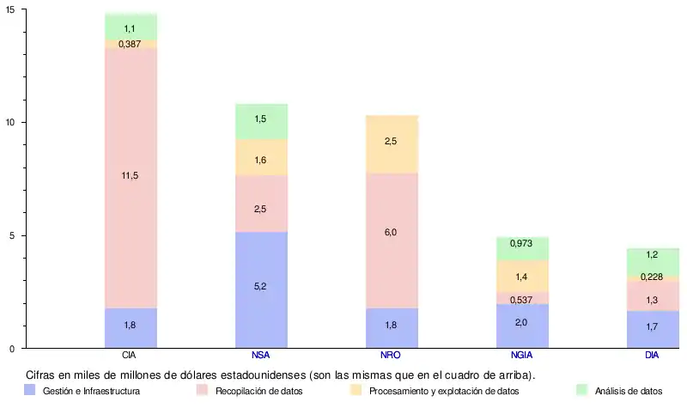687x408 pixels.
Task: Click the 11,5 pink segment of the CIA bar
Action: click(x=131, y=176)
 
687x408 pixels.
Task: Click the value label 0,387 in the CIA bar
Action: click(x=131, y=44)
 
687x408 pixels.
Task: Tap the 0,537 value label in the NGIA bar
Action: click(x=522, y=299)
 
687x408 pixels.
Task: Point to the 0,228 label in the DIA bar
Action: click(x=653, y=277)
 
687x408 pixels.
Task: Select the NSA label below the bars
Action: click(x=261, y=356)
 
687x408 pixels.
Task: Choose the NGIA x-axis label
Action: click(x=522, y=356)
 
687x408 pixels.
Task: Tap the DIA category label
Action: click(x=653, y=356)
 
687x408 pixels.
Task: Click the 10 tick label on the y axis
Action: click(x=10, y=122)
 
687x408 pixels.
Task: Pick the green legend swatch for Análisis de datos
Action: click(x=581, y=390)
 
